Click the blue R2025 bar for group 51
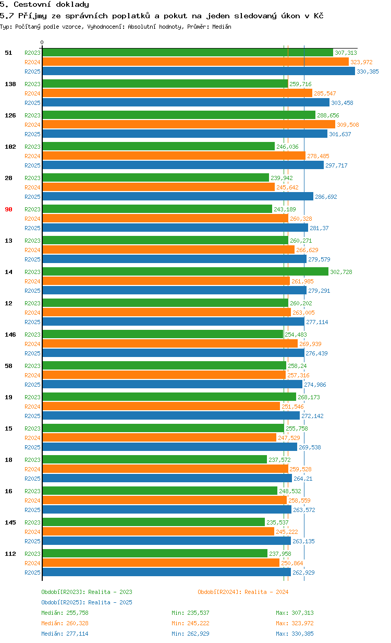point(198,72)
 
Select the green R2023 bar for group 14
point(185,272)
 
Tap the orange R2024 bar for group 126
point(188,125)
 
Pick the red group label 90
point(8,209)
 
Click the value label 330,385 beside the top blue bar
point(368,72)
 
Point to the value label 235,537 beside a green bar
point(277,522)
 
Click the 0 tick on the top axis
point(42,43)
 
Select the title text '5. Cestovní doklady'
point(44,5)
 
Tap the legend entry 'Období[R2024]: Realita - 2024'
point(243,592)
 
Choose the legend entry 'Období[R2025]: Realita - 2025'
point(87,602)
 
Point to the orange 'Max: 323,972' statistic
point(295,623)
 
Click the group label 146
point(10,335)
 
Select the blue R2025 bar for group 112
point(166,573)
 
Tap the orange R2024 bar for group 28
point(158,187)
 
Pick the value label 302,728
point(341,272)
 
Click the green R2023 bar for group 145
point(153,522)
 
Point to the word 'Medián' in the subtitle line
point(222,27)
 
